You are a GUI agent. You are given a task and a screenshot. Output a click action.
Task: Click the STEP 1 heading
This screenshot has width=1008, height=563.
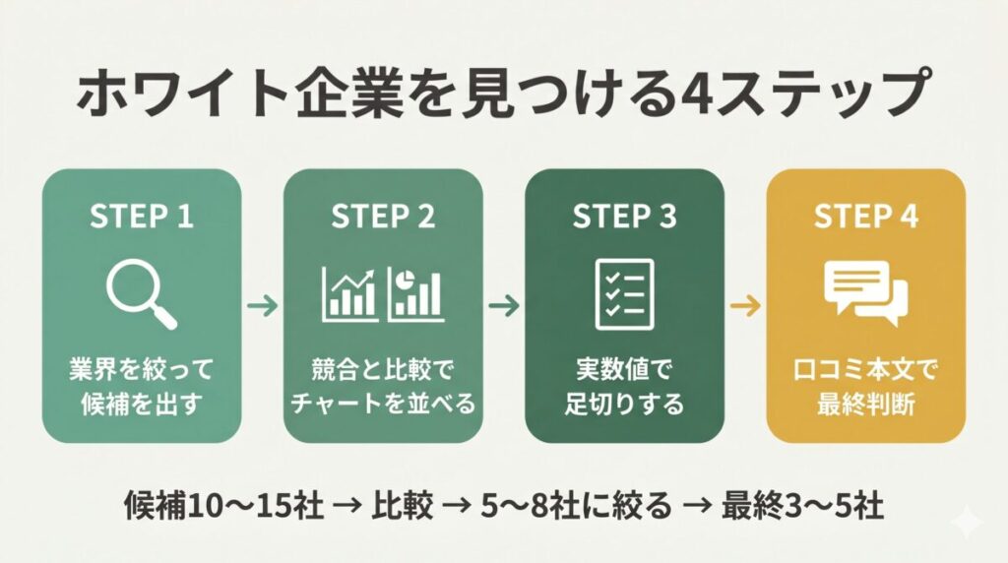coord(142,216)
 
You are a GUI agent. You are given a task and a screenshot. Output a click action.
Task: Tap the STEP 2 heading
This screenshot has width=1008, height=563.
coord(383,216)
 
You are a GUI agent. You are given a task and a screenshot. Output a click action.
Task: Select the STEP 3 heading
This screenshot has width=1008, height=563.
coord(625,216)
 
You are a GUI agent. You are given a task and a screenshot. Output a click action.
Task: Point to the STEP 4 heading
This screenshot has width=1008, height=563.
coord(866,216)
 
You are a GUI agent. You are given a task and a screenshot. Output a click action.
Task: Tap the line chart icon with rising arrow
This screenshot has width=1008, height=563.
coord(350,294)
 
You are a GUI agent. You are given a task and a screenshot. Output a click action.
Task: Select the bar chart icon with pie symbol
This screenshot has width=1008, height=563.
coord(416,294)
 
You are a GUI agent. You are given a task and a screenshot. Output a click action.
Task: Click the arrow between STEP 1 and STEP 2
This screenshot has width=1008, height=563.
coord(262,305)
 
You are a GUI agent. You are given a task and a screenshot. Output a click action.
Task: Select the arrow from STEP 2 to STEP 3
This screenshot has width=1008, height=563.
coord(504,305)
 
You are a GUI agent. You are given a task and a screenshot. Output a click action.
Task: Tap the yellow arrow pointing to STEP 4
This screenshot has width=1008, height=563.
coord(746,305)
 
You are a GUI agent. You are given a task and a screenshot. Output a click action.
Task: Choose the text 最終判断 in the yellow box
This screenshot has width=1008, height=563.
coord(866,405)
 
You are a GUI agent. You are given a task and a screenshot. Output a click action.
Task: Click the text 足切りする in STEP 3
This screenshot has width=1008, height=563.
coord(624,405)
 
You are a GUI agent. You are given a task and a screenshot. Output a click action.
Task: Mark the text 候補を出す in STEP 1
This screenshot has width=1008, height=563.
coord(142,405)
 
